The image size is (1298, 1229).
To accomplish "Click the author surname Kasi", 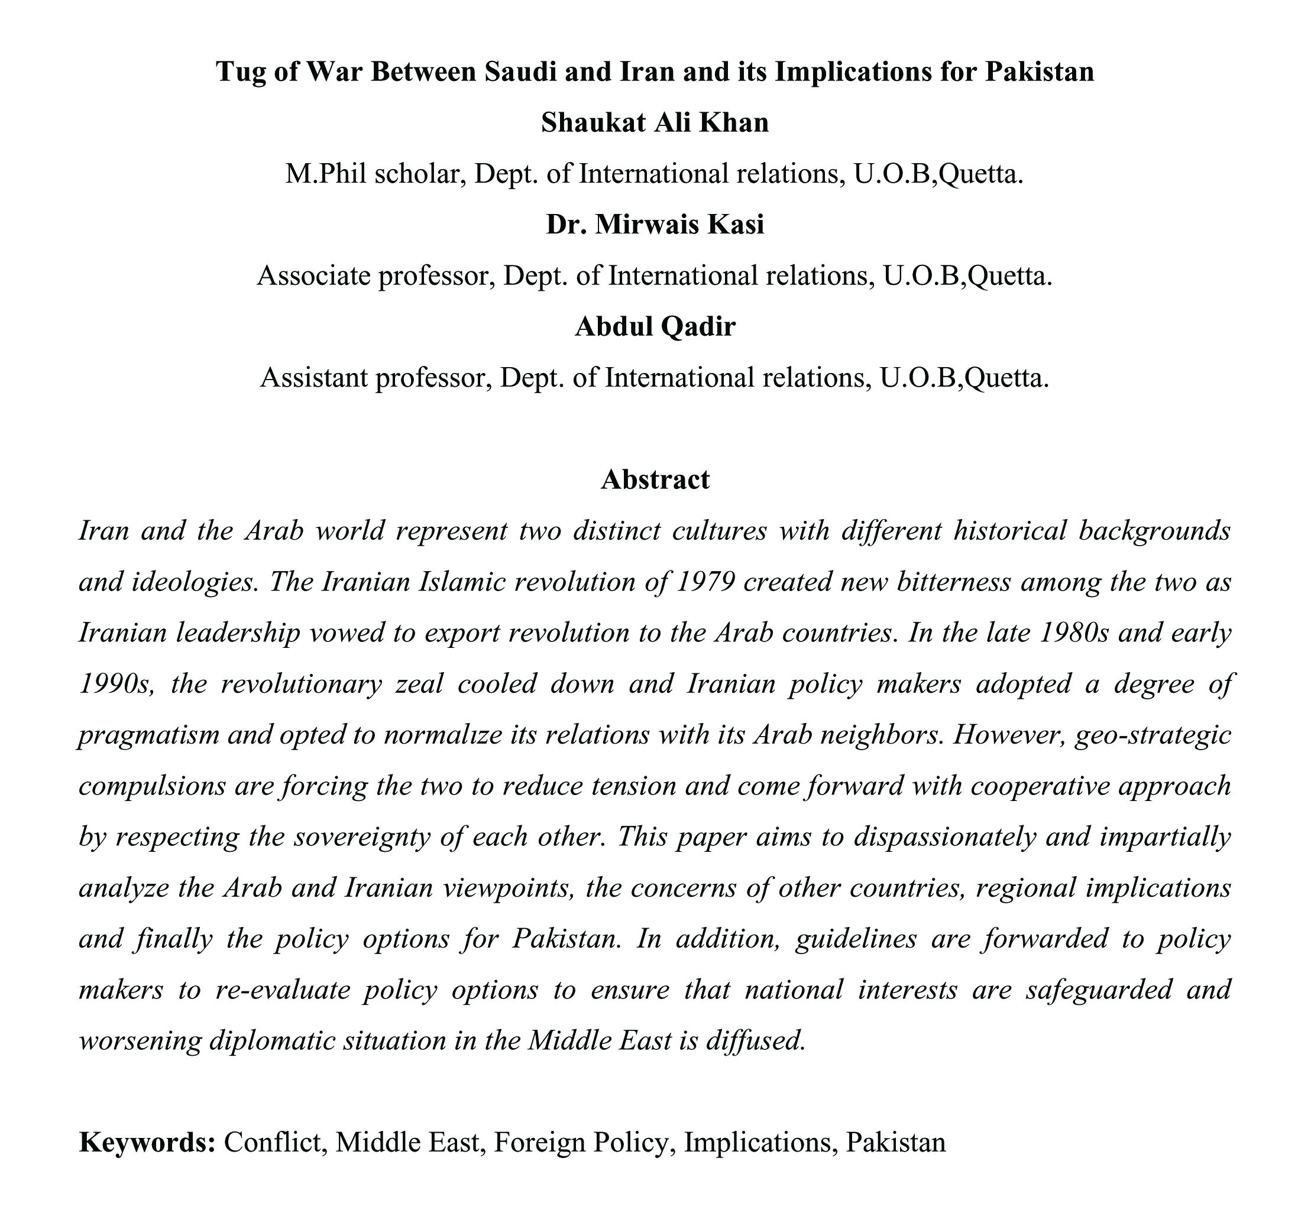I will (x=736, y=225).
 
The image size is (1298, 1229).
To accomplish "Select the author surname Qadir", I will (x=698, y=326).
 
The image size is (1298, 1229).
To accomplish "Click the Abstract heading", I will (x=655, y=479).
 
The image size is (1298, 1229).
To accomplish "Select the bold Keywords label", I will (x=147, y=1143).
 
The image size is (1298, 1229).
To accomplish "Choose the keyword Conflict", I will (x=275, y=1143).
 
